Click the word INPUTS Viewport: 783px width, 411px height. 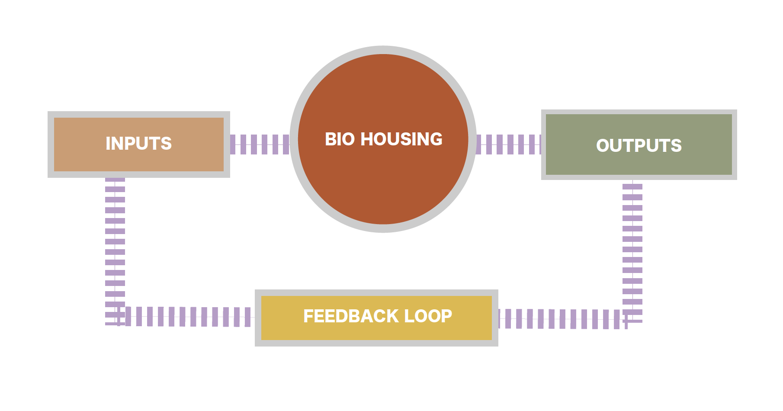pyautogui.click(x=138, y=144)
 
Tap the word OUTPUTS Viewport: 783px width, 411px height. pyautogui.click(x=639, y=146)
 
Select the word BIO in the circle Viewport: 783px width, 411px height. pyautogui.click(x=340, y=139)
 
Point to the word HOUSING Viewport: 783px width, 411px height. pyautogui.click(x=401, y=139)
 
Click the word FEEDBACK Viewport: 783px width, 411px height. pyautogui.click(x=351, y=316)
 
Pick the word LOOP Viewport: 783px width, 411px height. pyautogui.click(x=428, y=316)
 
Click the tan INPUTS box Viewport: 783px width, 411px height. pyautogui.click(x=139, y=144)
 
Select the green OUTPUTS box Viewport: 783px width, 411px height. pyautogui.click(x=639, y=145)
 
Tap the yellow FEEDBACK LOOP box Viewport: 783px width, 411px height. pyautogui.click(x=376, y=318)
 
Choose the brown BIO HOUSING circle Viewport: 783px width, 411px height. pyautogui.click(x=383, y=139)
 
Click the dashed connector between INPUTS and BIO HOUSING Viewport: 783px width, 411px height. pyautogui.click(x=260, y=144)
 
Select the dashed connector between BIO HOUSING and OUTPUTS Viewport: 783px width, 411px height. pyautogui.click(x=509, y=144)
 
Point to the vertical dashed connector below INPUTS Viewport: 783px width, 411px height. pyautogui.click(x=115, y=251)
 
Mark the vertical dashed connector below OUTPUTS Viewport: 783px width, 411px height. pyautogui.click(x=632, y=252)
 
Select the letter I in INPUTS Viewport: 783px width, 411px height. pyautogui.click(x=108, y=144)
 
